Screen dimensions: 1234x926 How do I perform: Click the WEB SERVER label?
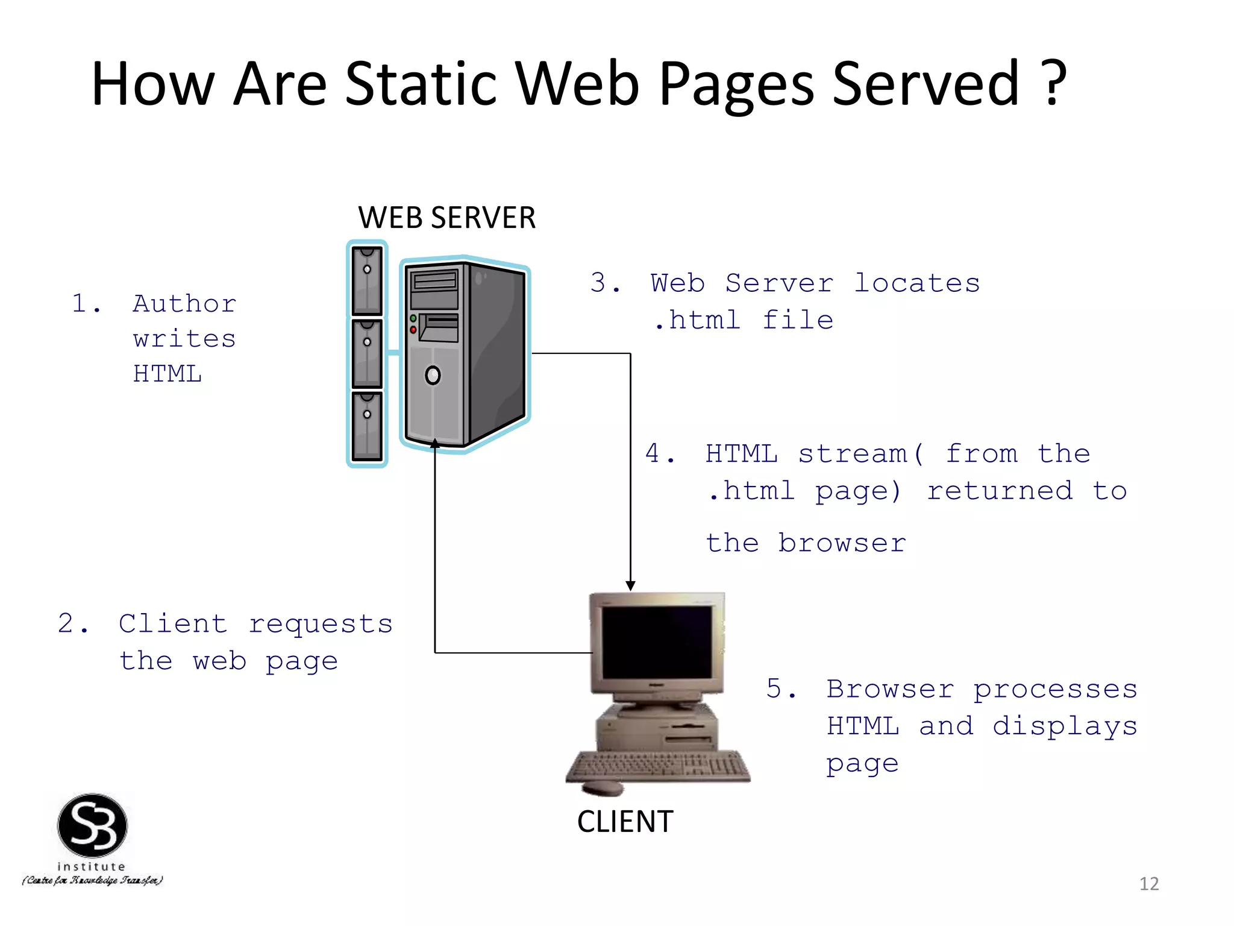pos(446,218)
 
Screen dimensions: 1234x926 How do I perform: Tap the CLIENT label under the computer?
pos(625,821)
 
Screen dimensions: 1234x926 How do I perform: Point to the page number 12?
pos(1148,884)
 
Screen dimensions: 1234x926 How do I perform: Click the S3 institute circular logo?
pos(92,826)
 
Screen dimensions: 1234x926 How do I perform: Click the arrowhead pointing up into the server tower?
pos(434,444)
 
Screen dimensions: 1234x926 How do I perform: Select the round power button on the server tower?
pos(433,376)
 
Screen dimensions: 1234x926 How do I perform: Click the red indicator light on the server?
pos(413,330)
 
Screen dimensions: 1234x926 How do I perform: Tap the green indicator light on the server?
pos(413,318)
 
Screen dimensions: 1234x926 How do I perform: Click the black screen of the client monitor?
pos(657,641)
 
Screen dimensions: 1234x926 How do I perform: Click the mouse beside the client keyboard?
pos(603,787)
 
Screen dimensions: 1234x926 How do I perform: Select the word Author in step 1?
pos(184,303)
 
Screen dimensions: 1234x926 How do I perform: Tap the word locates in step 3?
pos(917,283)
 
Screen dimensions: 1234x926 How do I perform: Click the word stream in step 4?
pos(853,454)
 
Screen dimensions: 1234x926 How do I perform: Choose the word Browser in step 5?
pos(891,689)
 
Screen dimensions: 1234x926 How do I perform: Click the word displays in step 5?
pos(1065,726)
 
